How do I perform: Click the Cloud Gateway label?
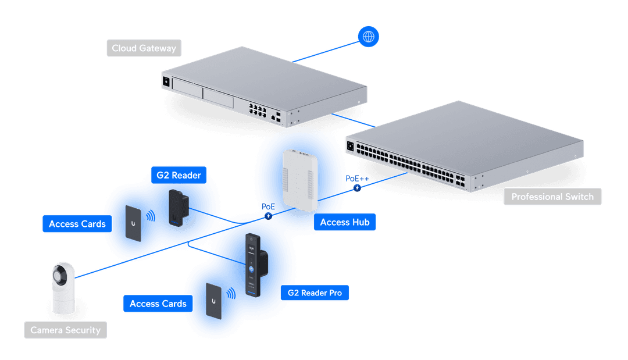(144, 48)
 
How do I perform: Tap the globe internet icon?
(368, 37)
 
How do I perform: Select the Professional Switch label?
(552, 197)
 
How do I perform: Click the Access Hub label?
(345, 222)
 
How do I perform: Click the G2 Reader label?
(179, 175)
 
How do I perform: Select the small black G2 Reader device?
(175, 206)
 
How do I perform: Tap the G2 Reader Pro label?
(315, 293)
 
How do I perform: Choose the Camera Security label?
(65, 330)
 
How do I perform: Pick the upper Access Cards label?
(77, 224)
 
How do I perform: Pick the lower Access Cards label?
(158, 304)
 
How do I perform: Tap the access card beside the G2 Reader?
(134, 222)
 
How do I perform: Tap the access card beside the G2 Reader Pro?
(215, 301)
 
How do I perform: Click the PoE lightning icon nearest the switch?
(357, 188)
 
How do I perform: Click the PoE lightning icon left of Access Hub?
(268, 216)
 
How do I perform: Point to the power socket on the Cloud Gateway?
(166, 81)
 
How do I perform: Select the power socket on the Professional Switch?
(350, 147)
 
